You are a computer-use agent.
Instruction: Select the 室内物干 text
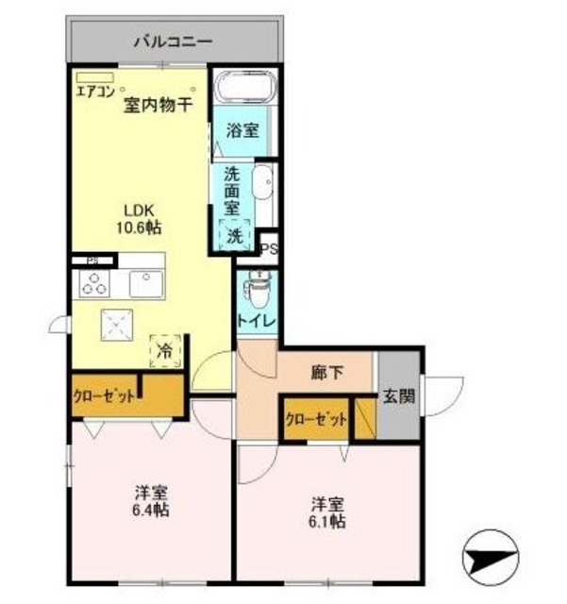tap(158, 105)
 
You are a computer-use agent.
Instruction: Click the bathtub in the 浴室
tap(242, 92)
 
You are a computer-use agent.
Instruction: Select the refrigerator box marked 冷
tap(164, 350)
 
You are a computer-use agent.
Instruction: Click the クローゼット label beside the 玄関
tap(316, 419)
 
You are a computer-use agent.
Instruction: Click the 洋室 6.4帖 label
tap(151, 501)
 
